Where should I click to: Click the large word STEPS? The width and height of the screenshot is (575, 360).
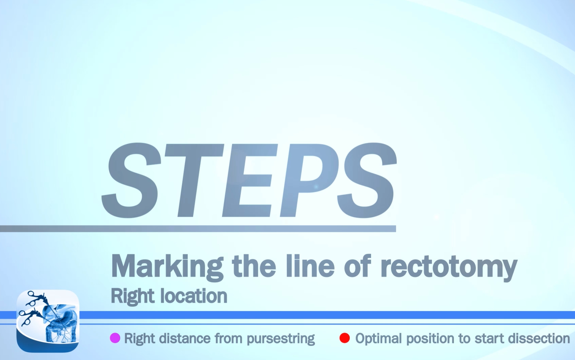pos(249,181)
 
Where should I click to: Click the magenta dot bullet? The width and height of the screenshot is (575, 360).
pos(115,338)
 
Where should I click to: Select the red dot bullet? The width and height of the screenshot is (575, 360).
pos(344,338)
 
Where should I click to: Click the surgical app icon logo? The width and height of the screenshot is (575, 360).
pos(48,321)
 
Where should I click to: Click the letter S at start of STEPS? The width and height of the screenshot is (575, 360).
pos(132,181)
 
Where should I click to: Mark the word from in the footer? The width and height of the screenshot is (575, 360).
pos(228,338)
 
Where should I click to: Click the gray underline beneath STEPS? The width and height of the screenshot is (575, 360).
pos(198,229)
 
